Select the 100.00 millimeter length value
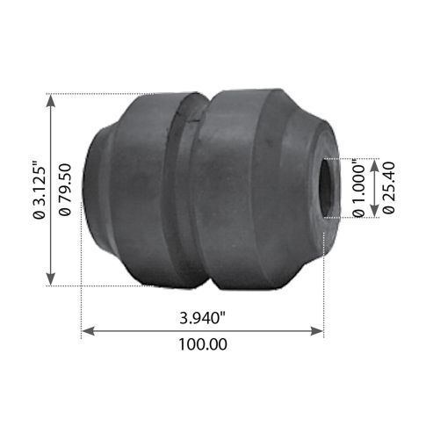(x=203, y=345)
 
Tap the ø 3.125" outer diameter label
(x=39, y=189)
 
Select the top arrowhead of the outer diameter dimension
(x=54, y=99)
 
